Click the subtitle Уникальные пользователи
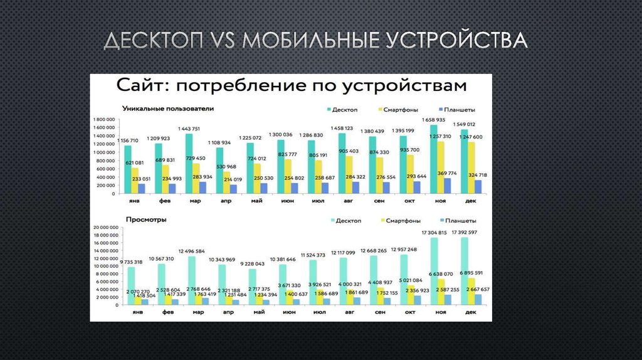pos(168,109)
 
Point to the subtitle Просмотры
pos(145,220)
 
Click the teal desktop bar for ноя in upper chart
pos(433,160)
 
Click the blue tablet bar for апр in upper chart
pos(233,189)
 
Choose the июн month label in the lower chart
pos(289,312)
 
